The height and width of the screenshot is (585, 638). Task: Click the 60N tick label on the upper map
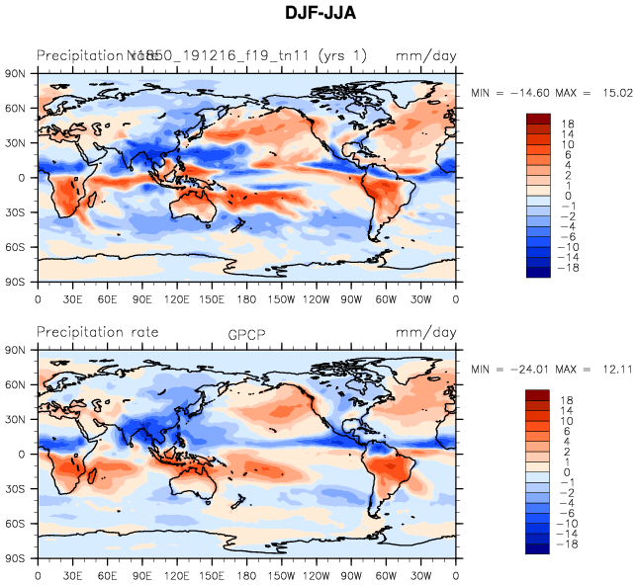pos(15,109)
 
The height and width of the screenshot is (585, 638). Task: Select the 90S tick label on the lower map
pos(15,559)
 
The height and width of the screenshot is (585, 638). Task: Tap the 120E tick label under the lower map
pos(177,574)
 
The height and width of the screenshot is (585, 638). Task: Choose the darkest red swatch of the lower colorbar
pos(536,395)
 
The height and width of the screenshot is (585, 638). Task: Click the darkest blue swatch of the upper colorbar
pos(536,275)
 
